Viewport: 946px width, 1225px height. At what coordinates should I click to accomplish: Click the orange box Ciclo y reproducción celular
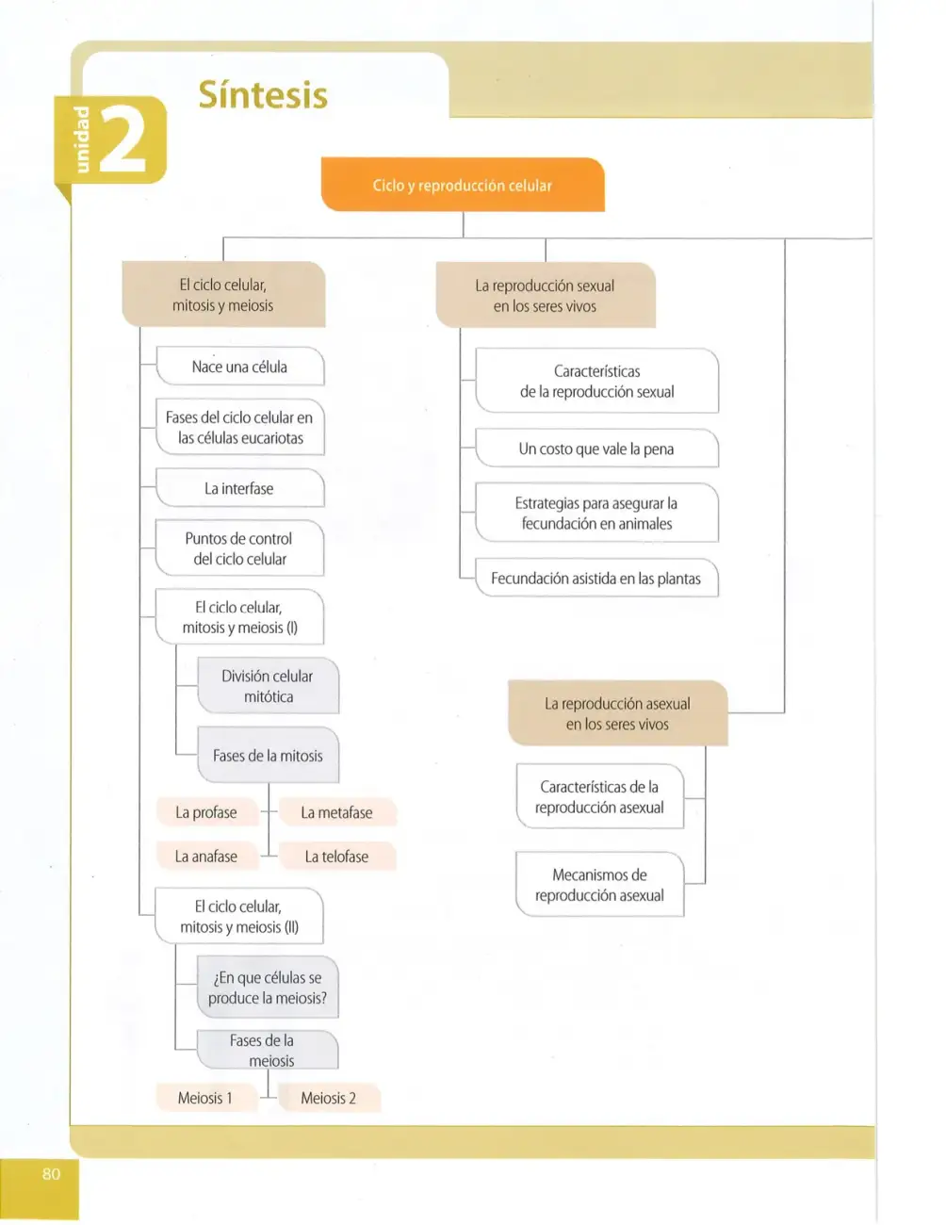click(463, 185)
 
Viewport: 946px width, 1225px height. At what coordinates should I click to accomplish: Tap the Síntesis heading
click(263, 95)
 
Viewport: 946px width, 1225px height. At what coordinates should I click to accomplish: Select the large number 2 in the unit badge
click(123, 140)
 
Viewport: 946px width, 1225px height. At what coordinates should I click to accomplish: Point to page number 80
click(51, 1174)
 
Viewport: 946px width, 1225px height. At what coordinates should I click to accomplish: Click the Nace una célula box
click(240, 367)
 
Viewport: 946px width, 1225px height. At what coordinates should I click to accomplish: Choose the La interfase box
click(240, 488)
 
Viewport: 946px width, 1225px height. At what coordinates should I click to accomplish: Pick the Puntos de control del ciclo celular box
click(239, 548)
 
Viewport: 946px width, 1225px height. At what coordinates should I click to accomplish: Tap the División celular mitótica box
click(269, 686)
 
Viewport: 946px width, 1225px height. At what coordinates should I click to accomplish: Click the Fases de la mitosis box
click(269, 756)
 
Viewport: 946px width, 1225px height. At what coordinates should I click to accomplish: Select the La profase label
click(206, 812)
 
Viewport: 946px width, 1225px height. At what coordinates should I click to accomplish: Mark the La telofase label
click(337, 857)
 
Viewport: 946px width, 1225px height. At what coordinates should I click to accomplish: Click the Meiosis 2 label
click(329, 1098)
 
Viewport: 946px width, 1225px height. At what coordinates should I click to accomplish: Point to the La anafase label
click(206, 857)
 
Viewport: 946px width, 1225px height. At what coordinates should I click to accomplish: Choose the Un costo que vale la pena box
click(596, 449)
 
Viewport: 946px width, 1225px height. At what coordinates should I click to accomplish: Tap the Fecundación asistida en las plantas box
click(596, 579)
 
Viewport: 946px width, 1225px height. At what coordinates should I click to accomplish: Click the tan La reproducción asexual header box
click(617, 713)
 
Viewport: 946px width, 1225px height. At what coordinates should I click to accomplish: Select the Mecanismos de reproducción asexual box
click(600, 885)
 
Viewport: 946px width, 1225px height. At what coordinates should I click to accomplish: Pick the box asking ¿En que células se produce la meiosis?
click(268, 988)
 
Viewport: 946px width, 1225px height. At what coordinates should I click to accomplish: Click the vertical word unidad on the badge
click(82, 139)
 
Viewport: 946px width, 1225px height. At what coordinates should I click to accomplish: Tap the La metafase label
click(337, 812)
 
